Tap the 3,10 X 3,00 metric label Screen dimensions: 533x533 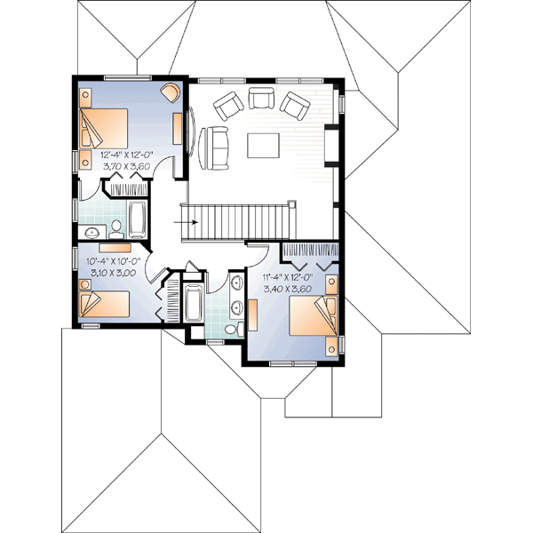111,273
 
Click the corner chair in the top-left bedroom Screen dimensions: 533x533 168,93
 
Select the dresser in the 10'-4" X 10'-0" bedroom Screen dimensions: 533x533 115,248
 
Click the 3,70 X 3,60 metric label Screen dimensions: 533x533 124,165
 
